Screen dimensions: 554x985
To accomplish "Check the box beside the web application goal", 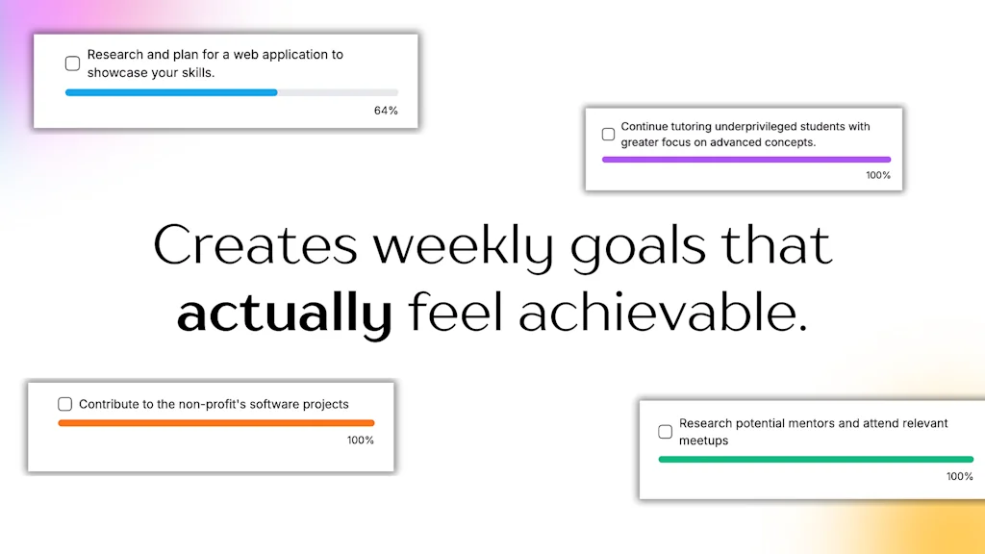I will [72, 63].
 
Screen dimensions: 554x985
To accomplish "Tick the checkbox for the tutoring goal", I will [608, 135].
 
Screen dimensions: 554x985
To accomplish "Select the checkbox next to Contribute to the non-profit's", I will [65, 404].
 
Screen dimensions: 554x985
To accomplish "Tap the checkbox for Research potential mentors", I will [665, 432].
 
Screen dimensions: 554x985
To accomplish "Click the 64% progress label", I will [386, 111].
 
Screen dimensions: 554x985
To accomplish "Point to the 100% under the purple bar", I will [878, 175].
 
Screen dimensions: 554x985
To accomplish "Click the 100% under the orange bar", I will [361, 441].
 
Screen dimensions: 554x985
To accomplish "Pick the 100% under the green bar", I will [960, 476].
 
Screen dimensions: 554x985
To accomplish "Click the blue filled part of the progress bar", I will [171, 92].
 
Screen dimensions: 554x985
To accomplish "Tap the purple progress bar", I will [746, 160].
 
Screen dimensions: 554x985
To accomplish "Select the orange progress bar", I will [216, 423].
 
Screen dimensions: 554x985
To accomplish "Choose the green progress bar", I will [816, 460].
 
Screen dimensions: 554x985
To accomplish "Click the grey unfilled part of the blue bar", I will [338, 92].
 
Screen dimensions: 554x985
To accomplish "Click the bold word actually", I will [284, 314].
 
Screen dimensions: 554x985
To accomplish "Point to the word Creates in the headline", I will [255, 246].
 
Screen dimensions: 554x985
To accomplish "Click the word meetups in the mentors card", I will [704, 441].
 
